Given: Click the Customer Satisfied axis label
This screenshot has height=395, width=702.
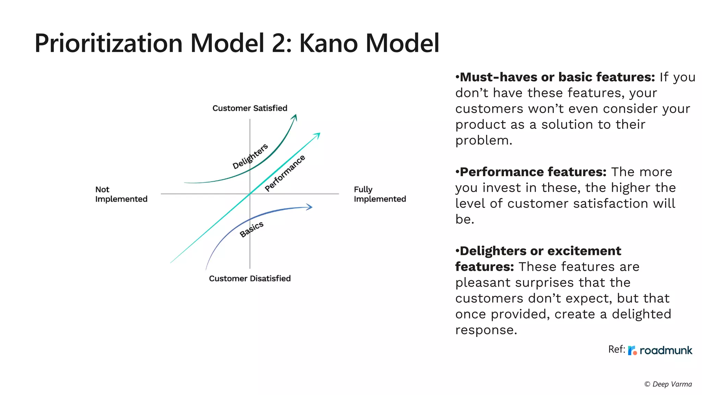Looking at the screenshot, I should [250, 108].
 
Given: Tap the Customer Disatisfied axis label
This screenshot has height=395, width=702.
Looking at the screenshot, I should [250, 278].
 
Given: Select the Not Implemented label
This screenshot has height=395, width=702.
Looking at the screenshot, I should [121, 194].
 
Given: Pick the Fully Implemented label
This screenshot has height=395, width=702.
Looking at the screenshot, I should [379, 194].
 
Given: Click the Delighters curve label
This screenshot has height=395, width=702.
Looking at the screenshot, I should [250, 156].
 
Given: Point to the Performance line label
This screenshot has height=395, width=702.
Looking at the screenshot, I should [285, 173].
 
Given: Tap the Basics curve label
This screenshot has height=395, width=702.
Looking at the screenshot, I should [252, 229].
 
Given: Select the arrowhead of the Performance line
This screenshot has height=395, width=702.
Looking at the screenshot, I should [318, 134].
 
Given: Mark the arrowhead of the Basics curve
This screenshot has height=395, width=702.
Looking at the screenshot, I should [310, 207].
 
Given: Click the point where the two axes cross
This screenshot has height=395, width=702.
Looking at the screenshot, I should [250, 194].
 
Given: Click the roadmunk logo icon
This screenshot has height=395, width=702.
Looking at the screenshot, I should [632, 350].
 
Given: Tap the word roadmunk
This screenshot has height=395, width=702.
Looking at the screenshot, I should [666, 350].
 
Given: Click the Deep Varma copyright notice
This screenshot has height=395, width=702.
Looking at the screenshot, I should [668, 384].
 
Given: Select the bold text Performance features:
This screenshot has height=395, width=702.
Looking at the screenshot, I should [531, 172].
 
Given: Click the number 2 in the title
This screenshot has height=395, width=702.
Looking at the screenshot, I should [280, 43].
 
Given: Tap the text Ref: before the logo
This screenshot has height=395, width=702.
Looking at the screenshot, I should [616, 349].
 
